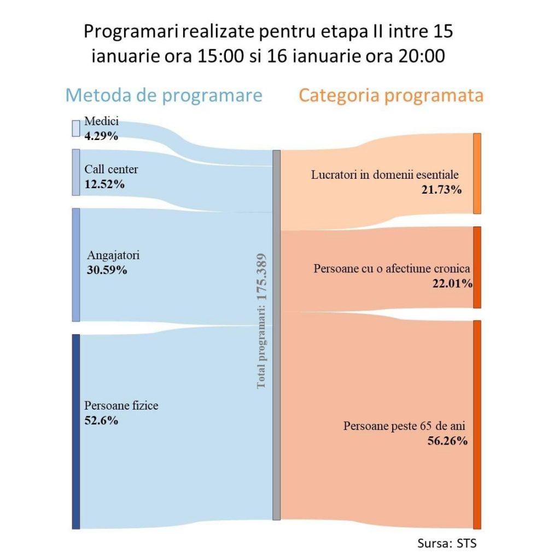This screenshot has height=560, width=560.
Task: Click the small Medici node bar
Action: pyautogui.click(x=76, y=128)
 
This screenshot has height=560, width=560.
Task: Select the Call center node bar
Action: pyautogui.click(x=76, y=172)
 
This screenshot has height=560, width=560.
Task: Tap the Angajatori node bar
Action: pyautogui.click(x=76, y=265)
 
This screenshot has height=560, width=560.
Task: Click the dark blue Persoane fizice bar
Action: pyautogui.click(x=76, y=431)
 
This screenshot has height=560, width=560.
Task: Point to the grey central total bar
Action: pyautogui.click(x=276, y=335)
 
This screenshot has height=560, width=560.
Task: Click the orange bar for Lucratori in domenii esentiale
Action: pyautogui.click(x=477, y=173)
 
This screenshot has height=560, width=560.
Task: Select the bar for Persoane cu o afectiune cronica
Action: pyautogui.click(x=477, y=267)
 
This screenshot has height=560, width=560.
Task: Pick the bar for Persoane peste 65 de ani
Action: pyautogui.click(x=477, y=424)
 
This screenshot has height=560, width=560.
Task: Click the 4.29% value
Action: pyautogui.click(x=101, y=136)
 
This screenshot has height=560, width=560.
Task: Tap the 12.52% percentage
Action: pyautogui.click(x=104, y=184)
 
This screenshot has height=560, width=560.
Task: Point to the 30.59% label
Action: pyautogui.click(x=107, y=270)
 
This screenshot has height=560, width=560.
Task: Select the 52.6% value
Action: pyautogui.click(x=101, y=420)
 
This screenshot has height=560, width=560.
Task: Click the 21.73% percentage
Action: pyautogui.click(x=442, y=190)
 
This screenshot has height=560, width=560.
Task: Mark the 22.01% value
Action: pyautogui.click(x=452, y=283)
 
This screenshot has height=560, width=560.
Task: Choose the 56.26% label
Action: pyautogui.click(x=447, y=441)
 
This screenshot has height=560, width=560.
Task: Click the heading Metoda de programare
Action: pyautogui.click(x=164, y=95)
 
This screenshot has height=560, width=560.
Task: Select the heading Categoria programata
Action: pyautogui.click(x=390, y=95)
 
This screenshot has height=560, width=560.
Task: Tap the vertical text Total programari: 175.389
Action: pyautogui.click(x=261, y=321)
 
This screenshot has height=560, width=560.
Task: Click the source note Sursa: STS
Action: pyautogui.click(x=443, y=544)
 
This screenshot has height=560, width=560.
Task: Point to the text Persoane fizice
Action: pyautogui.click(x=121, y=406)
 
